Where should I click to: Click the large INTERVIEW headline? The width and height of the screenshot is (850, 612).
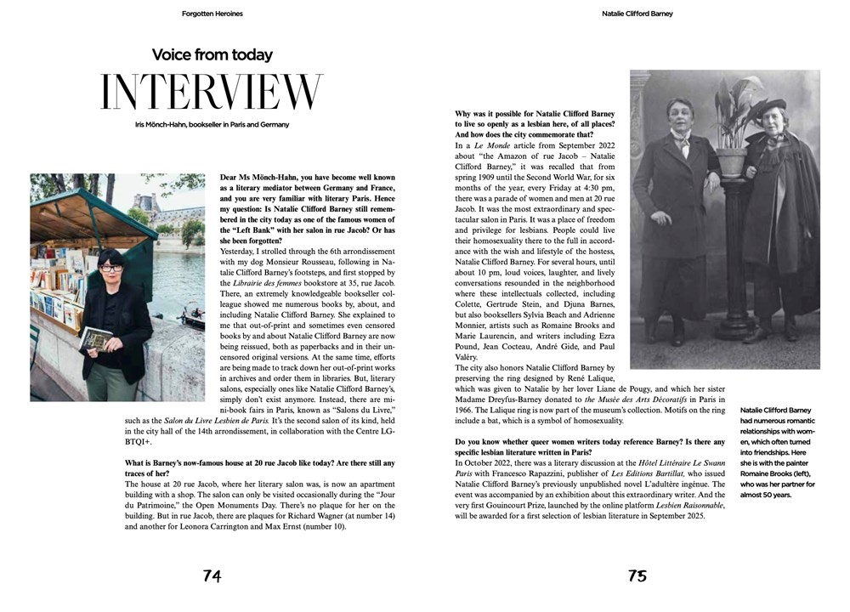212,93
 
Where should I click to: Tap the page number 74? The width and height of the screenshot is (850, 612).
212,575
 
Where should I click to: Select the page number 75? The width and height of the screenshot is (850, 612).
637,575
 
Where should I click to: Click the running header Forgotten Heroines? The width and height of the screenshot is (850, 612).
212,14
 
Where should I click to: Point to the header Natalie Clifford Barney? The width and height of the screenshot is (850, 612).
637,14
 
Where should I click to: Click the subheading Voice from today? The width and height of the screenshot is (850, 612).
212,55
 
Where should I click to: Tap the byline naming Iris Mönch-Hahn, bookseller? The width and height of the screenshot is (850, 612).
212,125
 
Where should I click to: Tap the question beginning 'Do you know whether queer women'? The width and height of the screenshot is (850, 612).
590,448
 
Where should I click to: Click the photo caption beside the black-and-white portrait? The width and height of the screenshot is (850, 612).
778,451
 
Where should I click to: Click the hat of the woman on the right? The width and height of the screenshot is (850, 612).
770,105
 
